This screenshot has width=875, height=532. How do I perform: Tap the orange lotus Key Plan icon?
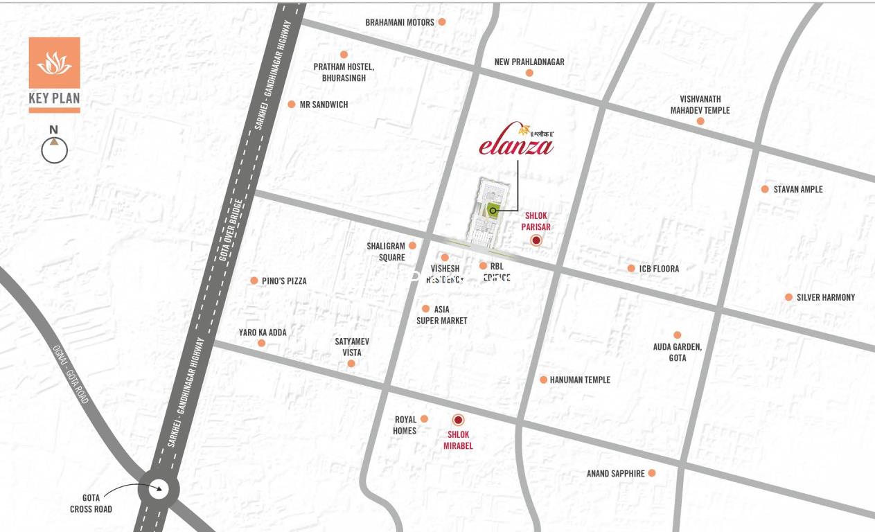point(54,63)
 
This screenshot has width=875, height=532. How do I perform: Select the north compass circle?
point(54,150)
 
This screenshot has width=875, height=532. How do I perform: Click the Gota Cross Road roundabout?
point(158,488)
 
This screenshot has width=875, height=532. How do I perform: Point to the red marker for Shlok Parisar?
point(536,240)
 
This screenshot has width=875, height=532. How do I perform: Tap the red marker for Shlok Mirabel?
point(458,420)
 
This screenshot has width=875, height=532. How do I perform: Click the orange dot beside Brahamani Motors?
point(442,22)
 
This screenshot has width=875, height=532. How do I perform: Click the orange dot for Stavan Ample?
point(765,189)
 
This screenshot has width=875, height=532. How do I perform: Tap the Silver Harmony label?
point(825,297)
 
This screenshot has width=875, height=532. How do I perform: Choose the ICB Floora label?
point(659,269)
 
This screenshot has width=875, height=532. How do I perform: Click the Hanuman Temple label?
point(580,380)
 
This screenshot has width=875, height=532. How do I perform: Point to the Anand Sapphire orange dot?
point(652,473)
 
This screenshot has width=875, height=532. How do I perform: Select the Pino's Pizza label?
point(284,281)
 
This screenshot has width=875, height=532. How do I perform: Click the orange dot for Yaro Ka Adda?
point(261,343)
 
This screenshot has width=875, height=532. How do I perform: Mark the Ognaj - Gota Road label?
point(72,375)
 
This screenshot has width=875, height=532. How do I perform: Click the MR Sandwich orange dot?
point(292,105)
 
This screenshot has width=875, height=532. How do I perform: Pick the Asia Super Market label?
point(441,315)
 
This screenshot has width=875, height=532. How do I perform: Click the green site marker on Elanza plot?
point(493,211)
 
